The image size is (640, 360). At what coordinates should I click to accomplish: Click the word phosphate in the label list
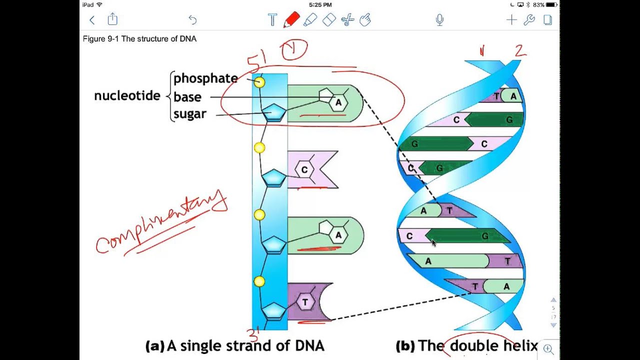click(x=205, y=78)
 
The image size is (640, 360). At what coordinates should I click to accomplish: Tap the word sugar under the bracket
click(x=189, y=114)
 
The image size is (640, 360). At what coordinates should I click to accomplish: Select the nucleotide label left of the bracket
click(x=127, y=96)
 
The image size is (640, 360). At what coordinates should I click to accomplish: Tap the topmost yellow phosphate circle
click(x=259, y=82)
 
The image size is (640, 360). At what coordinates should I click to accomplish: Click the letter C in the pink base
click(x=304, y=170)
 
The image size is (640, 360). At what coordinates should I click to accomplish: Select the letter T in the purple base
click(x=305, y=302)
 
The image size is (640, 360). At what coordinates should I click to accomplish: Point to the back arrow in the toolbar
click(x=92, y=20)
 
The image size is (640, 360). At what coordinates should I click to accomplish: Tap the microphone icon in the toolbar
click(x=439, y=20)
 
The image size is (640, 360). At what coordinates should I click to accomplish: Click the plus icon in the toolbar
click(x=511, y=20)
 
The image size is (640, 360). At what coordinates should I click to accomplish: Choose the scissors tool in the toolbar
click(x=347, y=20)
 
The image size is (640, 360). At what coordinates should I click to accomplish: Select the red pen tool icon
click(x=291, y=20)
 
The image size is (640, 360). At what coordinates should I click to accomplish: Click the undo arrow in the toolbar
click(x=192, y=20)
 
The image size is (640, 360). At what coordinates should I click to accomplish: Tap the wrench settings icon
click(x=529, y=20)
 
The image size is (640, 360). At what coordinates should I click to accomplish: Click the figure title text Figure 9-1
click(x=139, y=39)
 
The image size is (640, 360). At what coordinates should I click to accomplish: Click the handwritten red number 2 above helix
click(x=520, y=50)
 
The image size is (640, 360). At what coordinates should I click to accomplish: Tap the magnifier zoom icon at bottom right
click(x=548, y=349)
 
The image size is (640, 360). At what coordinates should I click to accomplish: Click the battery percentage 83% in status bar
click(x=538, y=5)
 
